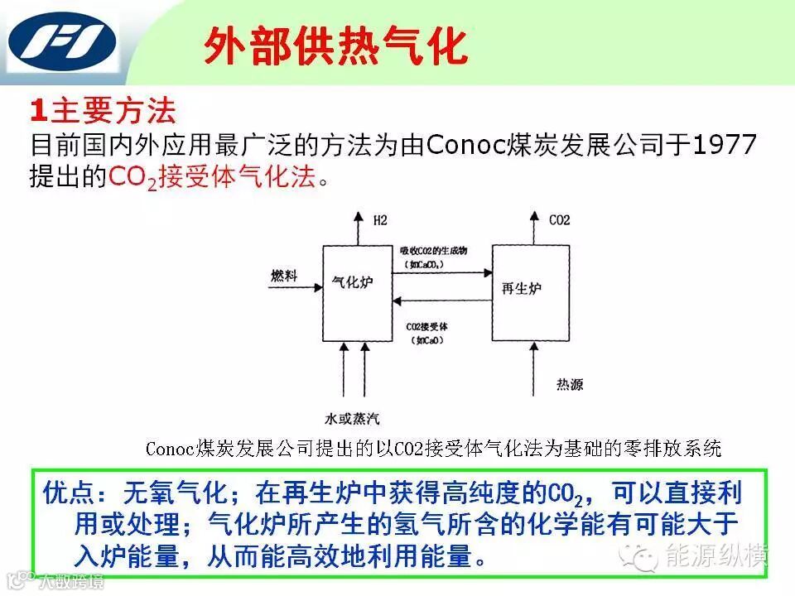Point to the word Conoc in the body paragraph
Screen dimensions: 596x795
[x=468, y=146]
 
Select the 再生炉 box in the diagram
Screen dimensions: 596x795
[x=530, y=290]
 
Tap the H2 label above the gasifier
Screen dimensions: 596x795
[x=380, y=220]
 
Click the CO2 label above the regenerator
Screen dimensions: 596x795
[x=560, y=220]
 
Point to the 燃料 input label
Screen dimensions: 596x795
[x=284, y=275]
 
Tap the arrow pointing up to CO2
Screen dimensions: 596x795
[x=532, y=227]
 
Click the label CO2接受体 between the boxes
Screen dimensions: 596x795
[x=426, y=326]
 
